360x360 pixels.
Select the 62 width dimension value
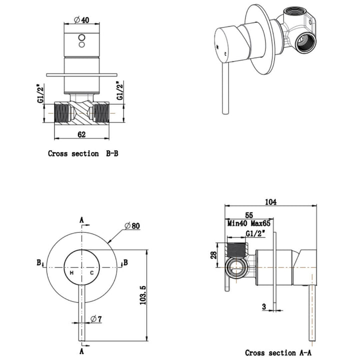coord(81,133)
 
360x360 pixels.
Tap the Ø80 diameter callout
coord(131,225)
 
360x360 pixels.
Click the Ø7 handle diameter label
coord(98,318)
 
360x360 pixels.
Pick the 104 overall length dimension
coord(271,202)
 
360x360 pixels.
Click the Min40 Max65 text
coord(248,224)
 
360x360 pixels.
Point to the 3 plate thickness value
coord(263,306)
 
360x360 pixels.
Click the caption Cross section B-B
coord(83,153)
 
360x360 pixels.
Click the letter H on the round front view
coord(71,273)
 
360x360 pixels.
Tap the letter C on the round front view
coord(92,273)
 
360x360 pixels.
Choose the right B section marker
coord(126,262)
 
